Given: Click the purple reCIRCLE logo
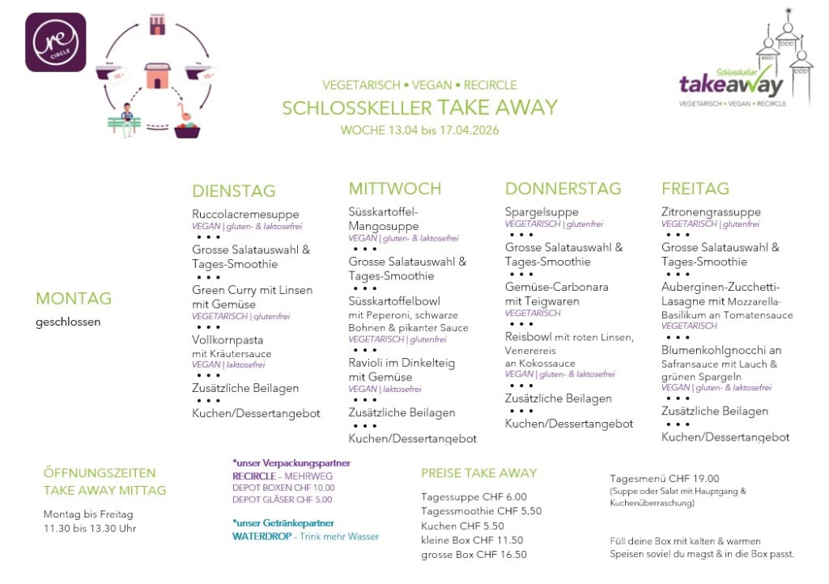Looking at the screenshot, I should coord(56,42).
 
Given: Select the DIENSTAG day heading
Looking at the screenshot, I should coord(234,191).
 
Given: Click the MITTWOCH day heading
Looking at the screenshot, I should coord(395,189).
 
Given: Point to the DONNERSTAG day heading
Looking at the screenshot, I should coord(563,189).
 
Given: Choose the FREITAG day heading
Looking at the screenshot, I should coord(695,189).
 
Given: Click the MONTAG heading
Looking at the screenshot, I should coord(74,299).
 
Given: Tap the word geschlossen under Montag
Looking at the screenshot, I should coord(68,322).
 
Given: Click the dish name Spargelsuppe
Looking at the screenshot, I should coord(542,212).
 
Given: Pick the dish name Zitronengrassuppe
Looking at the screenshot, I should coord(711,212).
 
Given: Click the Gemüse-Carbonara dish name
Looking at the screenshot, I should coord(556,287).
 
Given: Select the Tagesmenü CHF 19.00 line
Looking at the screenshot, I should coord(664,479).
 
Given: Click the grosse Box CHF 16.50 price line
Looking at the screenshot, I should coord(474,555).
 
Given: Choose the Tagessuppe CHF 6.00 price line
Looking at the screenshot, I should coord(474,497).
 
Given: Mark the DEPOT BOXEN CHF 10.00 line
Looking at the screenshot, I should coord(283,488).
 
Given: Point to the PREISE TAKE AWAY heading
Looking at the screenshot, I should coord(478,473).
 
